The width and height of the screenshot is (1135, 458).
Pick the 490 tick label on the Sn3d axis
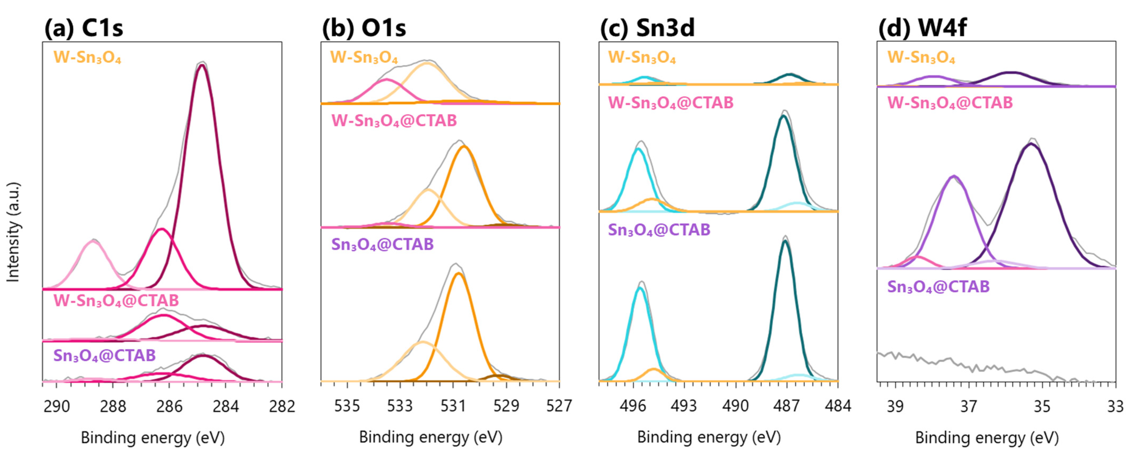pyautogui.click(x=735, y=406)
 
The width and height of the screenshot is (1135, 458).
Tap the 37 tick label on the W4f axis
pyautogui.click(x=969, y=406)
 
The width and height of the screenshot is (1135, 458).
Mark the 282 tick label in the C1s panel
pyautogui.click(x=282, y=406)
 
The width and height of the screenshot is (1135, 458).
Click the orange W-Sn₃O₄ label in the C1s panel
pyautogui.click(x=87, y=58)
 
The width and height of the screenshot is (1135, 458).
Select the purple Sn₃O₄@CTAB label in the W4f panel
pyautogui.click(x=939, y=287)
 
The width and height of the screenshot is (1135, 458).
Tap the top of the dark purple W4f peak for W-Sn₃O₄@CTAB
pyautogui.click(x=1031, y=144)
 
